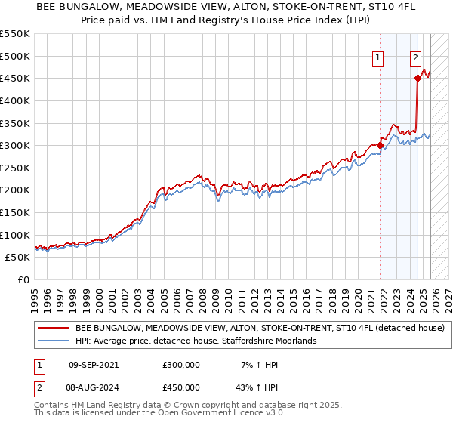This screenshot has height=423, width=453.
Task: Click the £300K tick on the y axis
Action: point(15,145)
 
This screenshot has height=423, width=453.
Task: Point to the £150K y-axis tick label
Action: point(15,212)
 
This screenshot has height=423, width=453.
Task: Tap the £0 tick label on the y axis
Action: point(23,279)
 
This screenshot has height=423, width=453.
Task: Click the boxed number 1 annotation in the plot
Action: point(377,56)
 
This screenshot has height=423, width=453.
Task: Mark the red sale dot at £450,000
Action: point(418,78)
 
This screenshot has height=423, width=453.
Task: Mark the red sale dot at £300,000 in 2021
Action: point(380,145)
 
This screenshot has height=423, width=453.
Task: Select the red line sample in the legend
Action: point(53,329)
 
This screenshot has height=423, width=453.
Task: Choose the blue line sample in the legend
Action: point(53,341)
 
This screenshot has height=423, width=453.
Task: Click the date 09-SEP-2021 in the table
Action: point(94,364)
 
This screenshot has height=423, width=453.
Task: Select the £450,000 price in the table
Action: point(181,387)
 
